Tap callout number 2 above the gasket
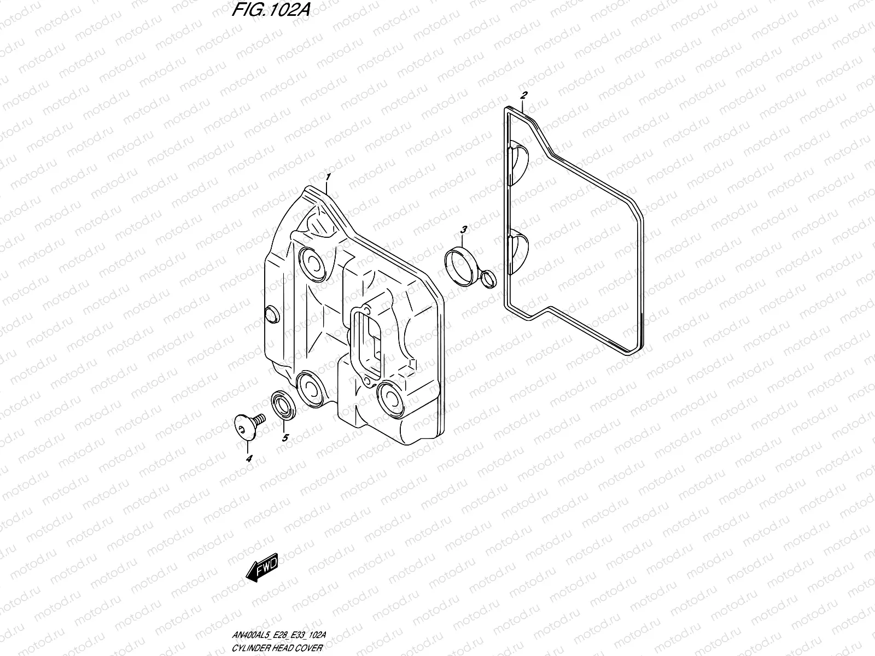[523, 95]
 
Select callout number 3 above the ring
[463, 229]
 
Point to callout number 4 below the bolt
[249, 459]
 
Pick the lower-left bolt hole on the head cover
[310, 389]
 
